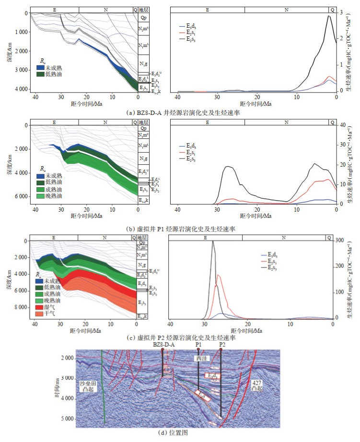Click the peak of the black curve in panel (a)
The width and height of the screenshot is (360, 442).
tap(328, 16)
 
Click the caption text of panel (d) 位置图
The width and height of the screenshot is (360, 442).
tap(180, 433)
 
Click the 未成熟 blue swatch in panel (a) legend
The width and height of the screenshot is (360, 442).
tap(41, 68)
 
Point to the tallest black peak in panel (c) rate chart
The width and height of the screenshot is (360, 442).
tap(213, 241)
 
